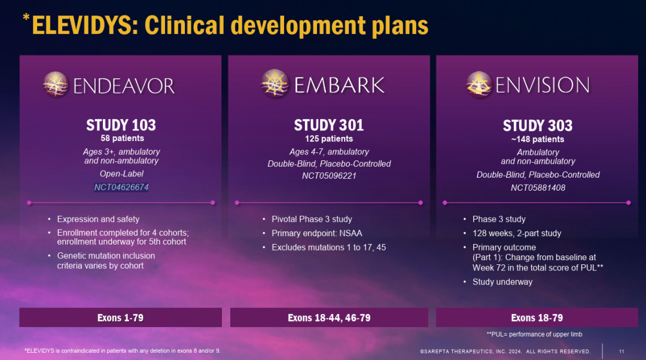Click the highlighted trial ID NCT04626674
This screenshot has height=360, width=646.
point(121,187)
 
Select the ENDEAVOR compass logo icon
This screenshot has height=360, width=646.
point(56,84)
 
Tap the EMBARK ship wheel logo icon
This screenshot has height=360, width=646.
point(275,83)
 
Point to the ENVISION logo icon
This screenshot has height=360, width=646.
point(479,84)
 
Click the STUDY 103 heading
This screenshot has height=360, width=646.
point(121,125)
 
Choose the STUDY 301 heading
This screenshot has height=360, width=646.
point(329,125)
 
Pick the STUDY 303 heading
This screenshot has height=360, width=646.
point(538,125)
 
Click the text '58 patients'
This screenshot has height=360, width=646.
point(123,138)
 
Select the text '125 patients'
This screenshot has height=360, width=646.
point(329,139)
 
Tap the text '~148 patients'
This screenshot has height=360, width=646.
point(538,139)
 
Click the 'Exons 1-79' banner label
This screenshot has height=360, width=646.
point(120,318)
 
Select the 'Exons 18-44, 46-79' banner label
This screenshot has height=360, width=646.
point(329,318)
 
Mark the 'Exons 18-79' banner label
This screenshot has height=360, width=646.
point(537,318)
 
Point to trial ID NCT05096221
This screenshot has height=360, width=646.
point(329,176)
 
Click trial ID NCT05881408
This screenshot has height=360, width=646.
point(538,188)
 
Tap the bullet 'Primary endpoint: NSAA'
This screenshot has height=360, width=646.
point(317,233)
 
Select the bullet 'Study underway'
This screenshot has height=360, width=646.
point(502,282)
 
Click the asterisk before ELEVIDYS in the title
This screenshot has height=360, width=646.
point(26,17)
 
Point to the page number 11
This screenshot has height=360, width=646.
point(621,352)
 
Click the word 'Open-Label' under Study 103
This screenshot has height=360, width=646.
point(121,174)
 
